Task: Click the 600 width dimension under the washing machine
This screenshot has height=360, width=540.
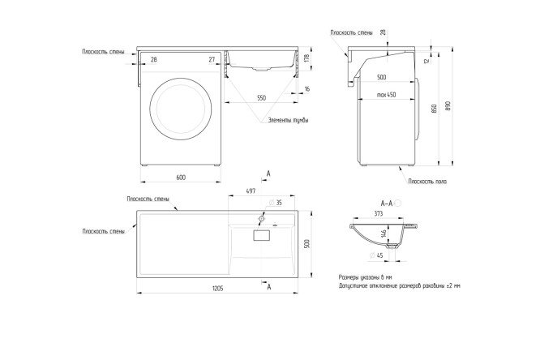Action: click(x=180, y=177)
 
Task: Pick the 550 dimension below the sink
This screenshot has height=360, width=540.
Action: click(x=261, y=97)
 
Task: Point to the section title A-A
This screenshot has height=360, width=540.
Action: click(x=387, y=202)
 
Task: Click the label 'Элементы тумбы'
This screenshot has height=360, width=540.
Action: click(x=289, y=122)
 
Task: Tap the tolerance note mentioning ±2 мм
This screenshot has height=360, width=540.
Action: click(x=398, y=286)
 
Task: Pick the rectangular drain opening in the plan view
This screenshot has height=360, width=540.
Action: click(x=261, y=235)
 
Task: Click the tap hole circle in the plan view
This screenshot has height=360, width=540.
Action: click(x=262, y=219)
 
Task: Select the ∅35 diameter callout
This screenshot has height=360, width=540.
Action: click(x=277, y=203)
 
